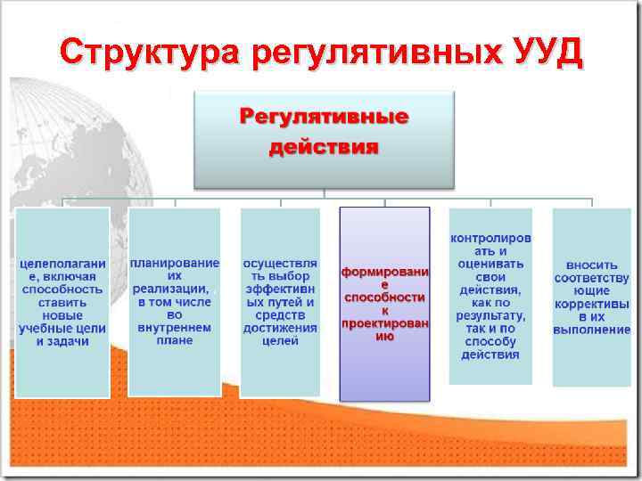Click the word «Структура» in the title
[150, 53]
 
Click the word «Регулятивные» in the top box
[324, 117]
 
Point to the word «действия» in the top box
[324, 146]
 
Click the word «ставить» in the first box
[62, 302]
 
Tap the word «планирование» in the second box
[175, 264]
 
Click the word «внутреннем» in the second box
[175, 327]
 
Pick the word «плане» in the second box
[175, 339]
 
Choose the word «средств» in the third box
[280, 314]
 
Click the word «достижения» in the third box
[280, 327]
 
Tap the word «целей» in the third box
[280, 340]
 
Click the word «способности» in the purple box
[384, 296]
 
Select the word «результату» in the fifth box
[490, 316]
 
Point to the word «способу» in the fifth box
[490, 341]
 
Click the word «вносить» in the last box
[591, 265]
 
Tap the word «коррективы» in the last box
[591, 304]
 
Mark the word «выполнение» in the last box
[591, 330]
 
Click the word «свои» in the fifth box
[490, 277]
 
